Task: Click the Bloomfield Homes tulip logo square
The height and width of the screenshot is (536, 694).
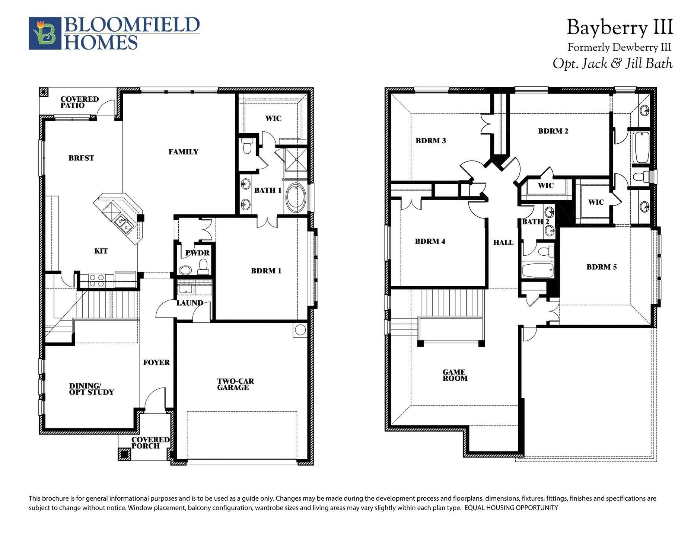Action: point(45,33)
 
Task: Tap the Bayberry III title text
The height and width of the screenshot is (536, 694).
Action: point(620,28)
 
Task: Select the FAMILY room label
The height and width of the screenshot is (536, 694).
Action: point(183,152)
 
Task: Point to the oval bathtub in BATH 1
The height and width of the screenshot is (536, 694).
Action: point(296,197)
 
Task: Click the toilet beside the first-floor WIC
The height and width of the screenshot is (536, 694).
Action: point(247,146)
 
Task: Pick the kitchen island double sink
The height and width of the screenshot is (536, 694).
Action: point(123,224)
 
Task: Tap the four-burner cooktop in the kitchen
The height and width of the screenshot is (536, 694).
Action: point(96,280)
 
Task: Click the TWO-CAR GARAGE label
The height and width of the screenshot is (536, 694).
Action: point(235,384)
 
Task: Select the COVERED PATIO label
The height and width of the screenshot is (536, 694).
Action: point(79,102)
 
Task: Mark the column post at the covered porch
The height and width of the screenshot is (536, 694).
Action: point(124,454)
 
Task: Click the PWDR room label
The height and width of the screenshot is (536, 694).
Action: point(197,253)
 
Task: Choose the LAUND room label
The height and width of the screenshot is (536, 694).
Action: point(190,303)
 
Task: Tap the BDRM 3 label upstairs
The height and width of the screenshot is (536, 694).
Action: point(431,141)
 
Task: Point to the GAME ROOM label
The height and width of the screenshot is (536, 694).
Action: point(455,375)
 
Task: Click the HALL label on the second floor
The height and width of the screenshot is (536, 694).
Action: point(503,243)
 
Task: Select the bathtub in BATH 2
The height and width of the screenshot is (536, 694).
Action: point(537,271)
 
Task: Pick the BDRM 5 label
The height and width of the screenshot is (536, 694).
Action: point(601,267)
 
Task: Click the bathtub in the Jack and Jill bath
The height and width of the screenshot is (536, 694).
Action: point(641,147)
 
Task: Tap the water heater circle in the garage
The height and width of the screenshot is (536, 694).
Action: point(300,330)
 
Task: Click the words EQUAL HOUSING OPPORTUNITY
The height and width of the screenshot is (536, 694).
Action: point(511,508)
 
